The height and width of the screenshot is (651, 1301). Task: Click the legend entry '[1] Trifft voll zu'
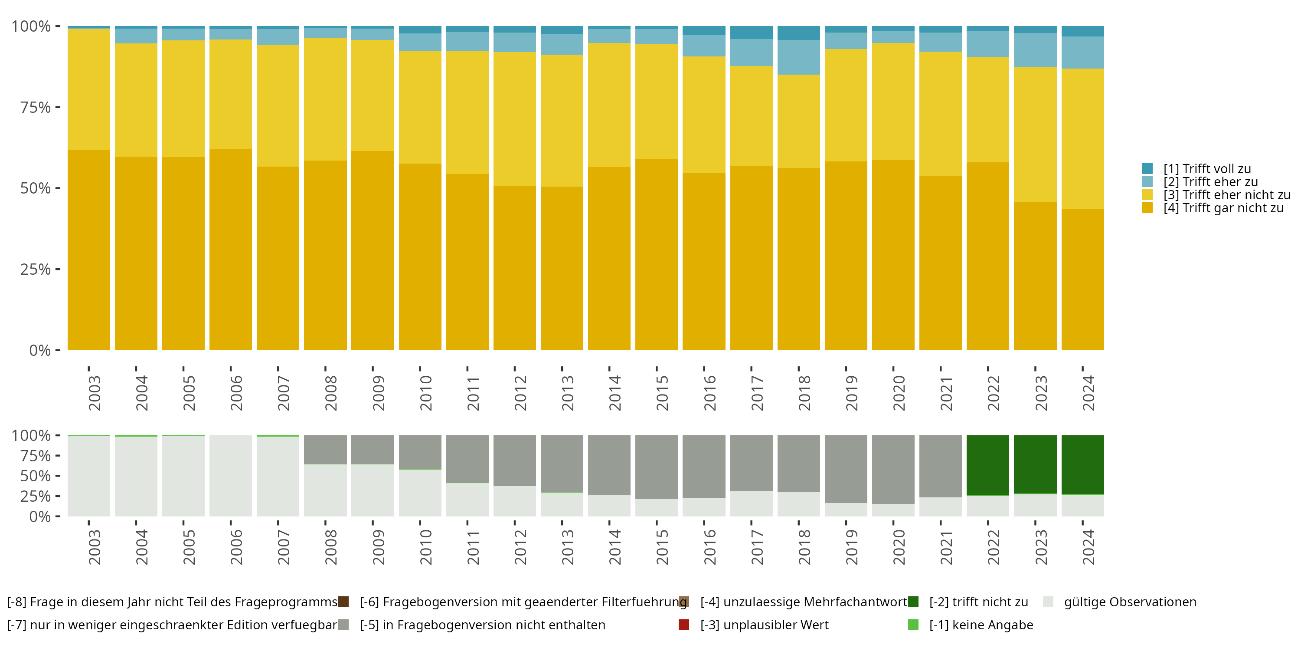click(1207, 169)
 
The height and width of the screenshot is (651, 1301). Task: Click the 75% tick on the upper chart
click(36, 107)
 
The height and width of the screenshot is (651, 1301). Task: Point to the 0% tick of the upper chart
click(40, 350)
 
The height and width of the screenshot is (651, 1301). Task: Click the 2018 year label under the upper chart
click(804, 393)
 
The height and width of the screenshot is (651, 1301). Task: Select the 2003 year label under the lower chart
click(95, 547)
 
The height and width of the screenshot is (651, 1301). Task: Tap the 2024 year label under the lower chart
click(1089, 547)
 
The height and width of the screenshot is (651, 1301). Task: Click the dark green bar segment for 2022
click(987, 465)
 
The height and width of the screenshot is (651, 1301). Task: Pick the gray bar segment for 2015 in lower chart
click(656, 467)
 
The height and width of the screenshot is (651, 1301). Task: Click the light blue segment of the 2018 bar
click(798, 57)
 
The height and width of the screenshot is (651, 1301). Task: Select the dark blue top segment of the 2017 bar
click(751, 33)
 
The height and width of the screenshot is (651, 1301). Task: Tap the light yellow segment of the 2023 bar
click(1035, 135)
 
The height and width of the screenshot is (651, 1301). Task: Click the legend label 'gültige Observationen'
click(1130, 602)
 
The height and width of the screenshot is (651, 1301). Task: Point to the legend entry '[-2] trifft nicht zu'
click(978, 602)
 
